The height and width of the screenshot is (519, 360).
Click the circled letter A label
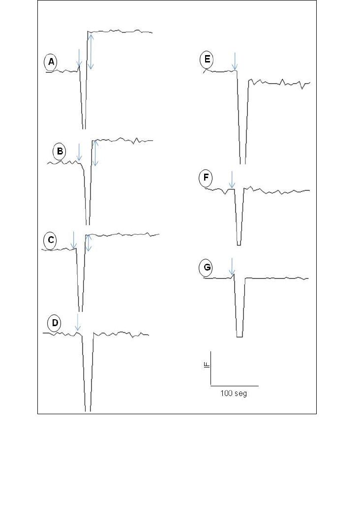pyautogui.click(x=51, y=62)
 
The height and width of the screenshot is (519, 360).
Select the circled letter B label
pyautogui.click(x=60, y=151)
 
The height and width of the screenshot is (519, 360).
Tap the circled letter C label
pyautogui.click(x=51, y=240)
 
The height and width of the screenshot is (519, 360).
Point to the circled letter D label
pyautogui.click(x=55, y=323)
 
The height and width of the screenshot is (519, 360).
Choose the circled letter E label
pyautogui.click(x=207, y=60)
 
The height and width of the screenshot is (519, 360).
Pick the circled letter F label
pyautogui.click(x=206, y=178)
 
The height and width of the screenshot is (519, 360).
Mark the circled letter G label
pyautogui.click(x=206, y=268)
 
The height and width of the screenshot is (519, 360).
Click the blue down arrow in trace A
pyautogui.click(x=79, y=58)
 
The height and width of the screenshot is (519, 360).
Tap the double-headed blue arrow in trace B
pyautogui.click(x=95, y=153)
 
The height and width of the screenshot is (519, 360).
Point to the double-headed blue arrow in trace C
pyautogui.click(x=88, y=243)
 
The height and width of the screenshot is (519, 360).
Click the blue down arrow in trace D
pyautogui.click(x=77, y=322)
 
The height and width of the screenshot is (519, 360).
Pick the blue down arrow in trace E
pyautogui.click(x=235, y=61)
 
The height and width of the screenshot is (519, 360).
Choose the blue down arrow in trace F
pyautogui.click(x=232, y=180)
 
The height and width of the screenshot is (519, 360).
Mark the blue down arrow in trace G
pyautogui.click(x=232, y=267)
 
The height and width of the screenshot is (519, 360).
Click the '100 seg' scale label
pyautogui.click(x=234, y=393)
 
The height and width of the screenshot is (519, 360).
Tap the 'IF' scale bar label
pyautogui.click(x=207, y=365)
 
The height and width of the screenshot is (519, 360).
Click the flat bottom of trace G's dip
pyautogui.click(x=240, y=337)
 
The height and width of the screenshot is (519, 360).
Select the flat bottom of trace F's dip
pyautogui.click(x=239, y=245)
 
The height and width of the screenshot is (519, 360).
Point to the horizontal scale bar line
pyautogui.click(x=235, y=386)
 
